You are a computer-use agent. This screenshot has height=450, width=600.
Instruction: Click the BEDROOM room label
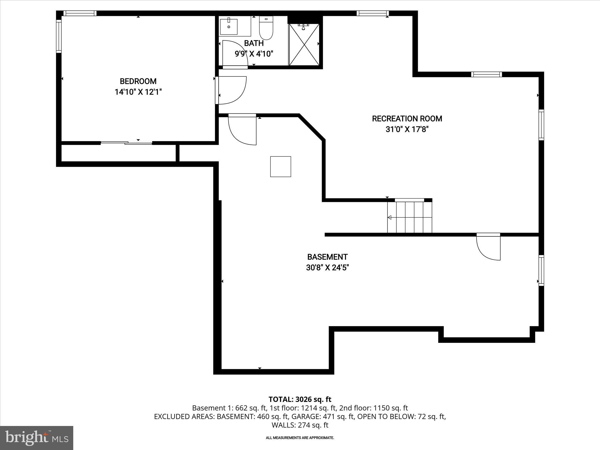click(138, 81)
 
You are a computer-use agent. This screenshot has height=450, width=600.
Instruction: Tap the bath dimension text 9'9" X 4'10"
click(254, 54)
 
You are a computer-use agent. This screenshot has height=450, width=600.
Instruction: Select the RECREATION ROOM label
click(407, 119)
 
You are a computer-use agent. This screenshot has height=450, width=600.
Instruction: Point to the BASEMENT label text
click(327, 257)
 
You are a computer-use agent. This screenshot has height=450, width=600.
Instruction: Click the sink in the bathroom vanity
click(229, 26)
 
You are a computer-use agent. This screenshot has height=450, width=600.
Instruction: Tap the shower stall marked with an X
click(304, 45)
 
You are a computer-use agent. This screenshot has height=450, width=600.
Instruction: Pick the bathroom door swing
click(235, 54)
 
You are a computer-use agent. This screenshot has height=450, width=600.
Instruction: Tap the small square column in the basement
click(280, 166)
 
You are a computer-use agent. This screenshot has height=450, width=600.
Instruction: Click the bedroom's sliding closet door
click(126, 143)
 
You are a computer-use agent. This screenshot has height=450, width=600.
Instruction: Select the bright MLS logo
click(37, 438)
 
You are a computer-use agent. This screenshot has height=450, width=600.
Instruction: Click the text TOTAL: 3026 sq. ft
click(300, 399)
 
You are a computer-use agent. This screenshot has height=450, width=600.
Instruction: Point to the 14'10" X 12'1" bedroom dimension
click(138, 92)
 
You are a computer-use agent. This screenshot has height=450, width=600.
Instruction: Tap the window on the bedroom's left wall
click(59, 36)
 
